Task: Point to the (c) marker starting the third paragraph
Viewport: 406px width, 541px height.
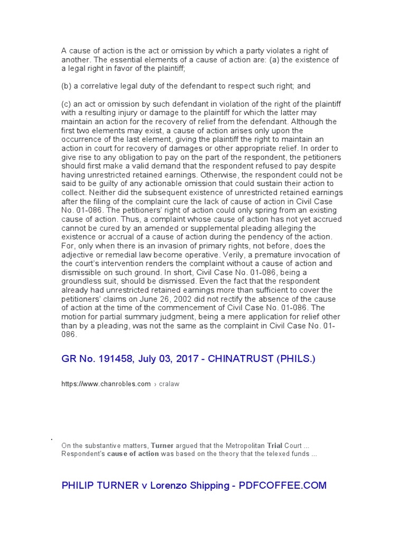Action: [67, 104]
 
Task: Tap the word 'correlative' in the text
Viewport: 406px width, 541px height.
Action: [100, 86]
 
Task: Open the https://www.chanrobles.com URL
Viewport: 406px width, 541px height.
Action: [106, 384]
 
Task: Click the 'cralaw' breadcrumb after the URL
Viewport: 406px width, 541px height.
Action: [170, 384]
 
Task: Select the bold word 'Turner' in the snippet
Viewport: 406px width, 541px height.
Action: [162, 445]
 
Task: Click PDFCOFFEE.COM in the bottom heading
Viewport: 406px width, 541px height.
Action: [283, 485]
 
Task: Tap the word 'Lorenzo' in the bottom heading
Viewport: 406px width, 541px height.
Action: [169, 485]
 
